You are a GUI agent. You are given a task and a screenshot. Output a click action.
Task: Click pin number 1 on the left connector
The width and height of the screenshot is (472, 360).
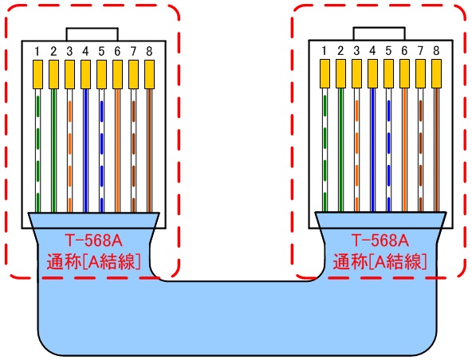point(37,52)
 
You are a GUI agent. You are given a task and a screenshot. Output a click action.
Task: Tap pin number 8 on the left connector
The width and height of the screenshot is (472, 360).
point(149,52)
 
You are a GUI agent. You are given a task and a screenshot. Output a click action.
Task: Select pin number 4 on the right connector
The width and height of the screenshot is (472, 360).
point(372,50)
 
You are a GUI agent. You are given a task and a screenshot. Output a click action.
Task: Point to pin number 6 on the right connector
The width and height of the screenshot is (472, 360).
point(404,50)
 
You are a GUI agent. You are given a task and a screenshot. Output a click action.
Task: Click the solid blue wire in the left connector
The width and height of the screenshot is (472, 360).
point(85,151)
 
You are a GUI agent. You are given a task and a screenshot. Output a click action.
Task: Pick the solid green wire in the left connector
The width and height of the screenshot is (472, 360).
point(53,151)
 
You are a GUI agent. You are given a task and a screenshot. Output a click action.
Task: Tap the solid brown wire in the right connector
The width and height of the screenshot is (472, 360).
point(436,150)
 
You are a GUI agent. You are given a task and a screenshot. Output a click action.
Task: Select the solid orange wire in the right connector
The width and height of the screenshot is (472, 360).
point(404,150)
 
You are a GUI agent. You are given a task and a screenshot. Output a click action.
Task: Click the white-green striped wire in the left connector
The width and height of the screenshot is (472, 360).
point(37,151)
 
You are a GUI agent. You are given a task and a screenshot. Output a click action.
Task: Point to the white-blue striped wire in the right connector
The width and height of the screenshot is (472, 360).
point(388,150)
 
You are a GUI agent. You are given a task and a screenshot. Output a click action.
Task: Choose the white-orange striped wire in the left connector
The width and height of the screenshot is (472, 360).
point(69,151)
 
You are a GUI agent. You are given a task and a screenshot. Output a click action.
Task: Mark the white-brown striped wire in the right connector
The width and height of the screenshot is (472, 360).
point(420,150)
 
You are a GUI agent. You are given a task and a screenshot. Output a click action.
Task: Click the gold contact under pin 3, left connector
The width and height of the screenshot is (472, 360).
point(69,74)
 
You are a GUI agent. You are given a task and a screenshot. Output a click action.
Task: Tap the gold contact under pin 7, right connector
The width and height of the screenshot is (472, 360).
point(420,73)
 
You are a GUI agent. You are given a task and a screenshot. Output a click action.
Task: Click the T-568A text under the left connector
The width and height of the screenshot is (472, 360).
point(93,240)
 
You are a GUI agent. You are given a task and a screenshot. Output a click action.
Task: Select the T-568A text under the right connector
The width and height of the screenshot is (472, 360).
point(380,240)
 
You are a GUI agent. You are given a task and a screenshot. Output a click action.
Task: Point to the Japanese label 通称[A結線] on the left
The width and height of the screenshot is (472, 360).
point(93,261)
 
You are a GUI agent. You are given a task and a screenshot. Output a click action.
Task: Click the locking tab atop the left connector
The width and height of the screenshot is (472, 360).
point(92,34)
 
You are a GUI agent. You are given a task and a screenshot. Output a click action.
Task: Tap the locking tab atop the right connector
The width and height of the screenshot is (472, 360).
point(380,33)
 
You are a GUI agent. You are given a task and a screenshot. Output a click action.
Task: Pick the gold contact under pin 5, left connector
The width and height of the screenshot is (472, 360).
point(101,74)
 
